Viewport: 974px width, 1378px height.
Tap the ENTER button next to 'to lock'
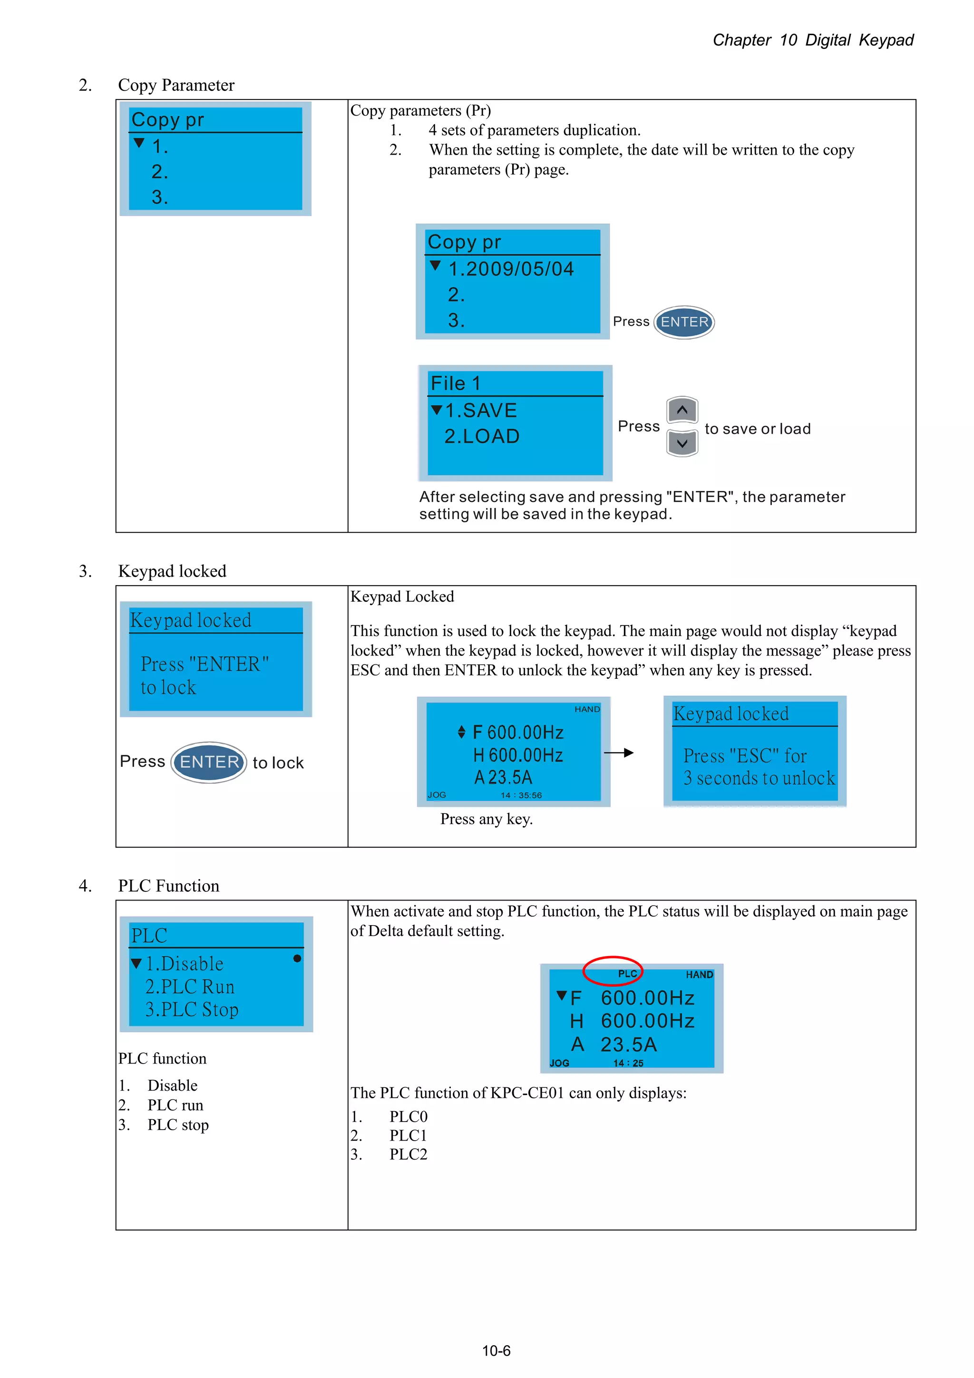pos(209,762)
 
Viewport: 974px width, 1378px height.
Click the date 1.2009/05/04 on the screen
pos(511,269)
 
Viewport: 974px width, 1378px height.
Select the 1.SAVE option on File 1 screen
pos(481,410)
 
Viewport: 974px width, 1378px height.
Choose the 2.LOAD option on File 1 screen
pos(482,436)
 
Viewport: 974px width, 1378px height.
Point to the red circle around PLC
pos(613,970)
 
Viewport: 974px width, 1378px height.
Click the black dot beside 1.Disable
pos(297,958)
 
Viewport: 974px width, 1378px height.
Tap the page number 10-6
pos(497,1350)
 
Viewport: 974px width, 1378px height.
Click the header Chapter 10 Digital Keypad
pos(813,40)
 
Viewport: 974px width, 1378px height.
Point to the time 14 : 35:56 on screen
pos(521,795)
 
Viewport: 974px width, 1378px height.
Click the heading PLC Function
pos(169,886)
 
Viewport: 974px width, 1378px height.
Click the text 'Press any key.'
pos(486,819)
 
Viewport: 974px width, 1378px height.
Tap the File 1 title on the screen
pos(456,383)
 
